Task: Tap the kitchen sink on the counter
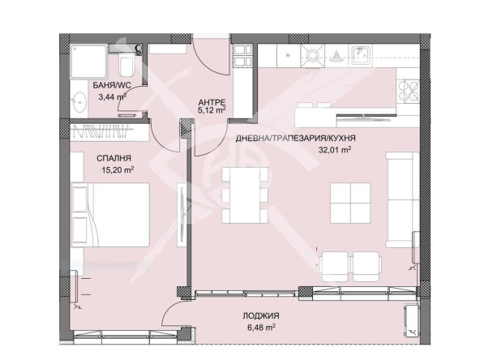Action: (x=358, y=56)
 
